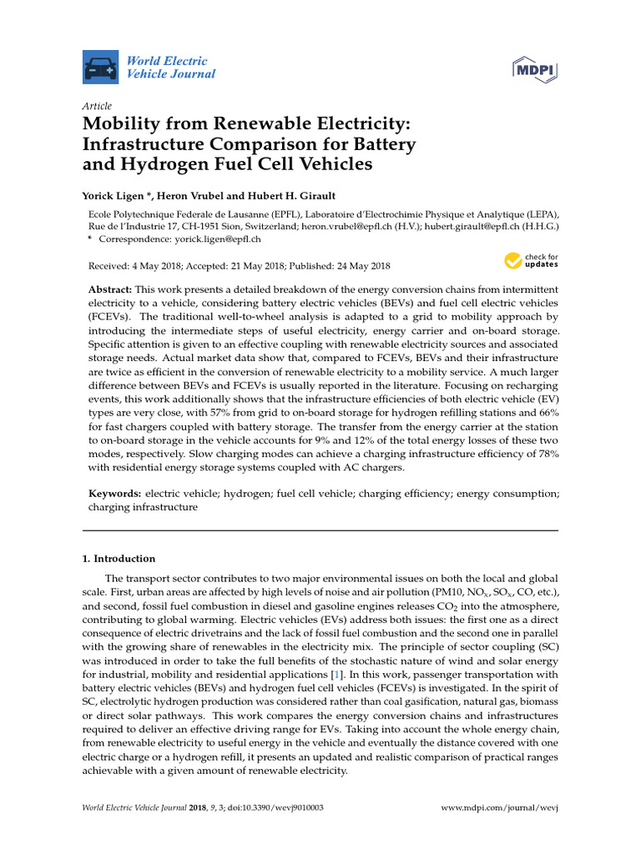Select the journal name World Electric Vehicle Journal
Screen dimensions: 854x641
pos(170,68)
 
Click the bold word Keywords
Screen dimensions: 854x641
pos(115,494)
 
